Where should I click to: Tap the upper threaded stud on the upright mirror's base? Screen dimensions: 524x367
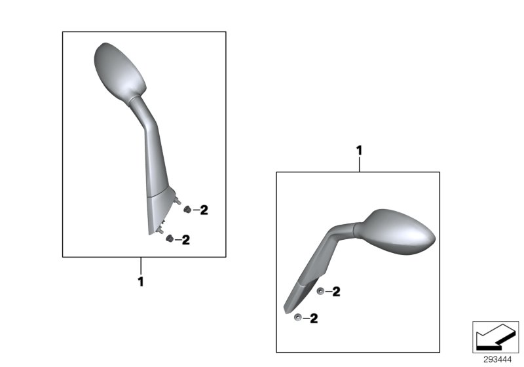click(178, 201)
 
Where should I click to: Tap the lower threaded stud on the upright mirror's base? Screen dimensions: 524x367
click(160, 231)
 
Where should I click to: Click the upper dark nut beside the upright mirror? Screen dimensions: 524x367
click(187, 210)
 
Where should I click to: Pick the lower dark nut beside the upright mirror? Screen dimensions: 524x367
click(170, 239)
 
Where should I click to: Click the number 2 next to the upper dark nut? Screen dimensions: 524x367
click(204, 210)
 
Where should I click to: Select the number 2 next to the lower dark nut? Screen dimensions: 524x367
click(186, 240)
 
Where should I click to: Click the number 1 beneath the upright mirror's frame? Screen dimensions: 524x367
click(141, 281)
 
